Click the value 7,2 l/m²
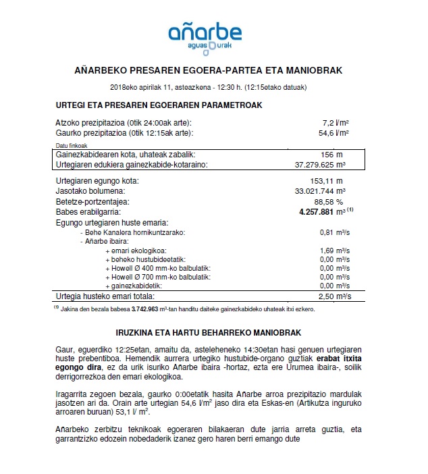[338, 122]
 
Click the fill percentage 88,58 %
[329, 201]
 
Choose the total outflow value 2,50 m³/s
[333, 296]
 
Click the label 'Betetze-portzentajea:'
[91, 201]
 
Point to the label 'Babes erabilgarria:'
[87, 211]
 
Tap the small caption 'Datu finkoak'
[70, 145]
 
